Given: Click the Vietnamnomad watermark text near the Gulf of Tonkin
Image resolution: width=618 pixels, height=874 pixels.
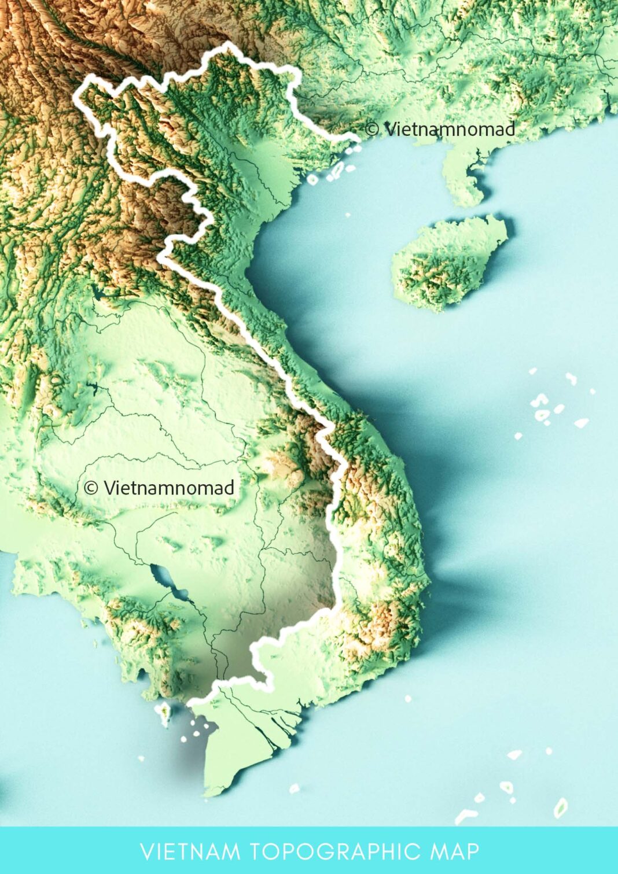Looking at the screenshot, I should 449,129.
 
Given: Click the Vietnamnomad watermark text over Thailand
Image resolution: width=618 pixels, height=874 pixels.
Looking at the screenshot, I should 168,488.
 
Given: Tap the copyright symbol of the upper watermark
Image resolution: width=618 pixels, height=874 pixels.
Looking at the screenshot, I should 373,129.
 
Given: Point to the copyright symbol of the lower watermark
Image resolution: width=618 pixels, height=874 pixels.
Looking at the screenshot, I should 91,488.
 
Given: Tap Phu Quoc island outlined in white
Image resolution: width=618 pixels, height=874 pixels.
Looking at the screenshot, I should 164,713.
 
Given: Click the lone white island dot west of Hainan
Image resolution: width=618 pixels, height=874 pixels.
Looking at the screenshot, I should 348,215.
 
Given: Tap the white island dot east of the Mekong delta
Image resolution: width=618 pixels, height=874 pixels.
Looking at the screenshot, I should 408,699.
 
